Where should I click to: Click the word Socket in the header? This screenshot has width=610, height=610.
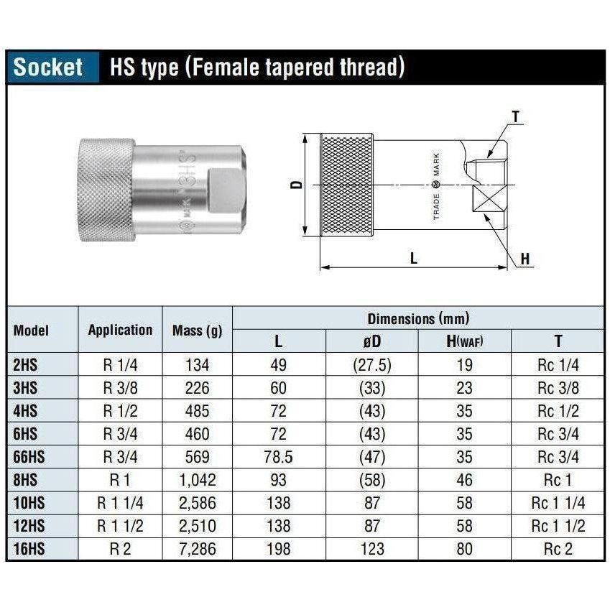[x=48, y=68]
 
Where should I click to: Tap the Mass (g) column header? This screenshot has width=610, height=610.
[x=198, y=331]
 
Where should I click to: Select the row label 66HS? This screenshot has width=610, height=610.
[x=29, y=457]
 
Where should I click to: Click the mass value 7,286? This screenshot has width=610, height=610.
[x=198, y=550]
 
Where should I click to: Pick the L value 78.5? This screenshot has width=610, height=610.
[x=279, y=457]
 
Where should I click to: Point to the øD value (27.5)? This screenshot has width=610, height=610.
[x=371, y=365]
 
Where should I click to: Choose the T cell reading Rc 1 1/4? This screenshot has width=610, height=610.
[x=558, y=503]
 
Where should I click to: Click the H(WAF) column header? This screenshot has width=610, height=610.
[x=464, y=341]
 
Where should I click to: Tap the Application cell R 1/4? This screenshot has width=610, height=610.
[x=120, y=365]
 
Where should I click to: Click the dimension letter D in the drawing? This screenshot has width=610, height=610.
[x=296, y=185]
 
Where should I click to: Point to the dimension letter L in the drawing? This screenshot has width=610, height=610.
[x=414, y=259]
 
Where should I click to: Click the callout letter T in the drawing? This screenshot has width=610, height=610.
[x=515, y=116]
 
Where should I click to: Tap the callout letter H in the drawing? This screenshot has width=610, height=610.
[x=525, y=259]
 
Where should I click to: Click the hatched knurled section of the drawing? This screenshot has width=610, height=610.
[x=346, y=185]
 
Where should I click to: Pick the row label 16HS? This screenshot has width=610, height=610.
[x=29, y=550]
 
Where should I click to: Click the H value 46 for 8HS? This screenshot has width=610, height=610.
[x=464, y=480]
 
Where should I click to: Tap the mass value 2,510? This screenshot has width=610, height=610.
[x=198, y=526]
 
